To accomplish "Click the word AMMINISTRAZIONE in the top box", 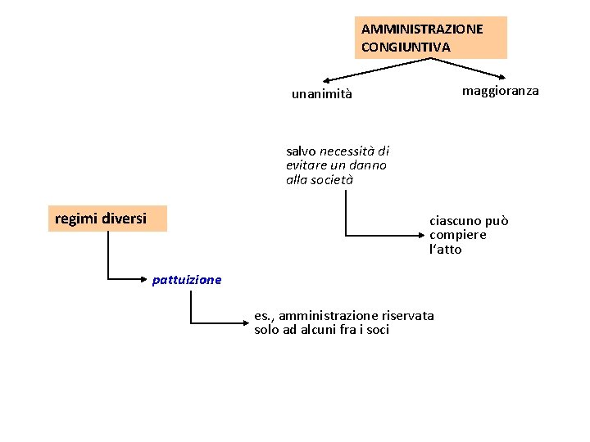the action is (x=422, y=29).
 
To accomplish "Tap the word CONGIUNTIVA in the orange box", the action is (x=406, y=47).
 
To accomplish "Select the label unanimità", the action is (x=322, y=94).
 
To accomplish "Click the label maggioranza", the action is (x=500, y=91).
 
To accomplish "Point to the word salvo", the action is (x=301, y=151).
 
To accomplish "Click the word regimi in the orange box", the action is (x=75, y=219).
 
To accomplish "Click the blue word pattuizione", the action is (x=187, y=280).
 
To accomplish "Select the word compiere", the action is (x=458, y=235).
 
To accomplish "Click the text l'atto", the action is (x=445, y=250).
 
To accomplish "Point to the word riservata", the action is (x=408, y=315).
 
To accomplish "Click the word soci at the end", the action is (x=376, y=330).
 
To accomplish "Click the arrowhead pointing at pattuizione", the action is (x=147, y=280).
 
